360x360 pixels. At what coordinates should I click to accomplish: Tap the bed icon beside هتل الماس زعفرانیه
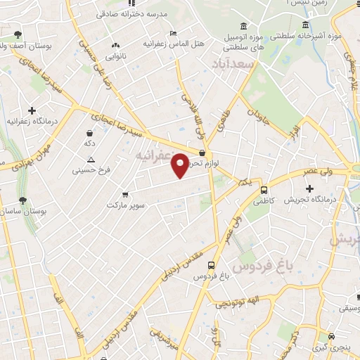[173, 33]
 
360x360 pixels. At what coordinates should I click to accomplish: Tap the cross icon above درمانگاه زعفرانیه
[32, 110]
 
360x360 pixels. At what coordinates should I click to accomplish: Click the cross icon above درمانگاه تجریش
[310, 188]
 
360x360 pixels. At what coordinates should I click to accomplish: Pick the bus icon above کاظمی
[264, 189]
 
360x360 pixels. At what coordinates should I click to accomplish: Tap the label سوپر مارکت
[125, 205]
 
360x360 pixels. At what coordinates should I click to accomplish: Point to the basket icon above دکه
[90, 132]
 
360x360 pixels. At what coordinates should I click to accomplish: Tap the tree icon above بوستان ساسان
[23, 200]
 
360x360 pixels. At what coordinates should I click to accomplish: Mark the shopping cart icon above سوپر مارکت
[125, 193]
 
